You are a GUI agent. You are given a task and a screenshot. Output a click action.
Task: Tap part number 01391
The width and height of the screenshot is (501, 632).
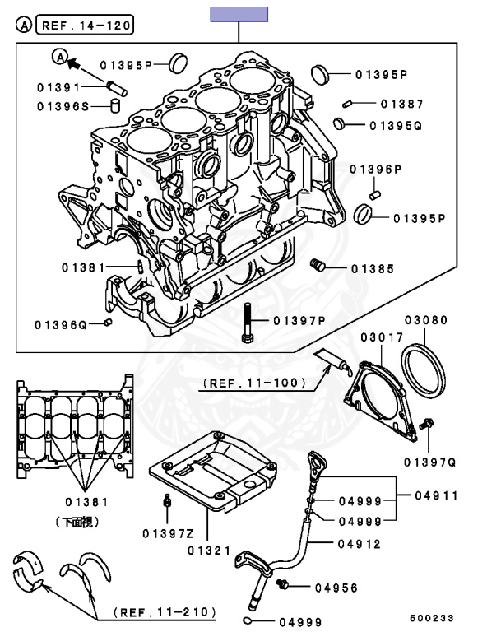point(58,86)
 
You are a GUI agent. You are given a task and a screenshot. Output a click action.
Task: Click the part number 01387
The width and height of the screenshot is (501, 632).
point(401,105)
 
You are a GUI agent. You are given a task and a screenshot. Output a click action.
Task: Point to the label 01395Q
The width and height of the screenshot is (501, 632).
point(395,126)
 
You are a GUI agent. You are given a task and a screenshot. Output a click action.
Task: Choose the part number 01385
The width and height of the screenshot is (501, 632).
point(373,269)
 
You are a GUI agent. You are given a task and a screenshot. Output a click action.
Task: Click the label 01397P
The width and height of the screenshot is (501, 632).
point(299,320)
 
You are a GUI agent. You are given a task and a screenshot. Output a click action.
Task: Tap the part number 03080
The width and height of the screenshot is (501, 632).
point(425,319)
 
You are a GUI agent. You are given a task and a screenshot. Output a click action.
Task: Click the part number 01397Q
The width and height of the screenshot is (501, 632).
point(434,463)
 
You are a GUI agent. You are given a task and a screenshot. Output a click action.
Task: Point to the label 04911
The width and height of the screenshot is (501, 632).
point(437,496)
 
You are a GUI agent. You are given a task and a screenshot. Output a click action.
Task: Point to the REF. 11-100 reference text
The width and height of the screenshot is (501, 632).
point(254,383)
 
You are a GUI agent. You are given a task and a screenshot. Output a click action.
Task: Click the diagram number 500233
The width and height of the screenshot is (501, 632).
point(432,616)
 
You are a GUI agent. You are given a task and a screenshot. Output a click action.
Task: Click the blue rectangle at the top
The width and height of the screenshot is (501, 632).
point(239,13)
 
